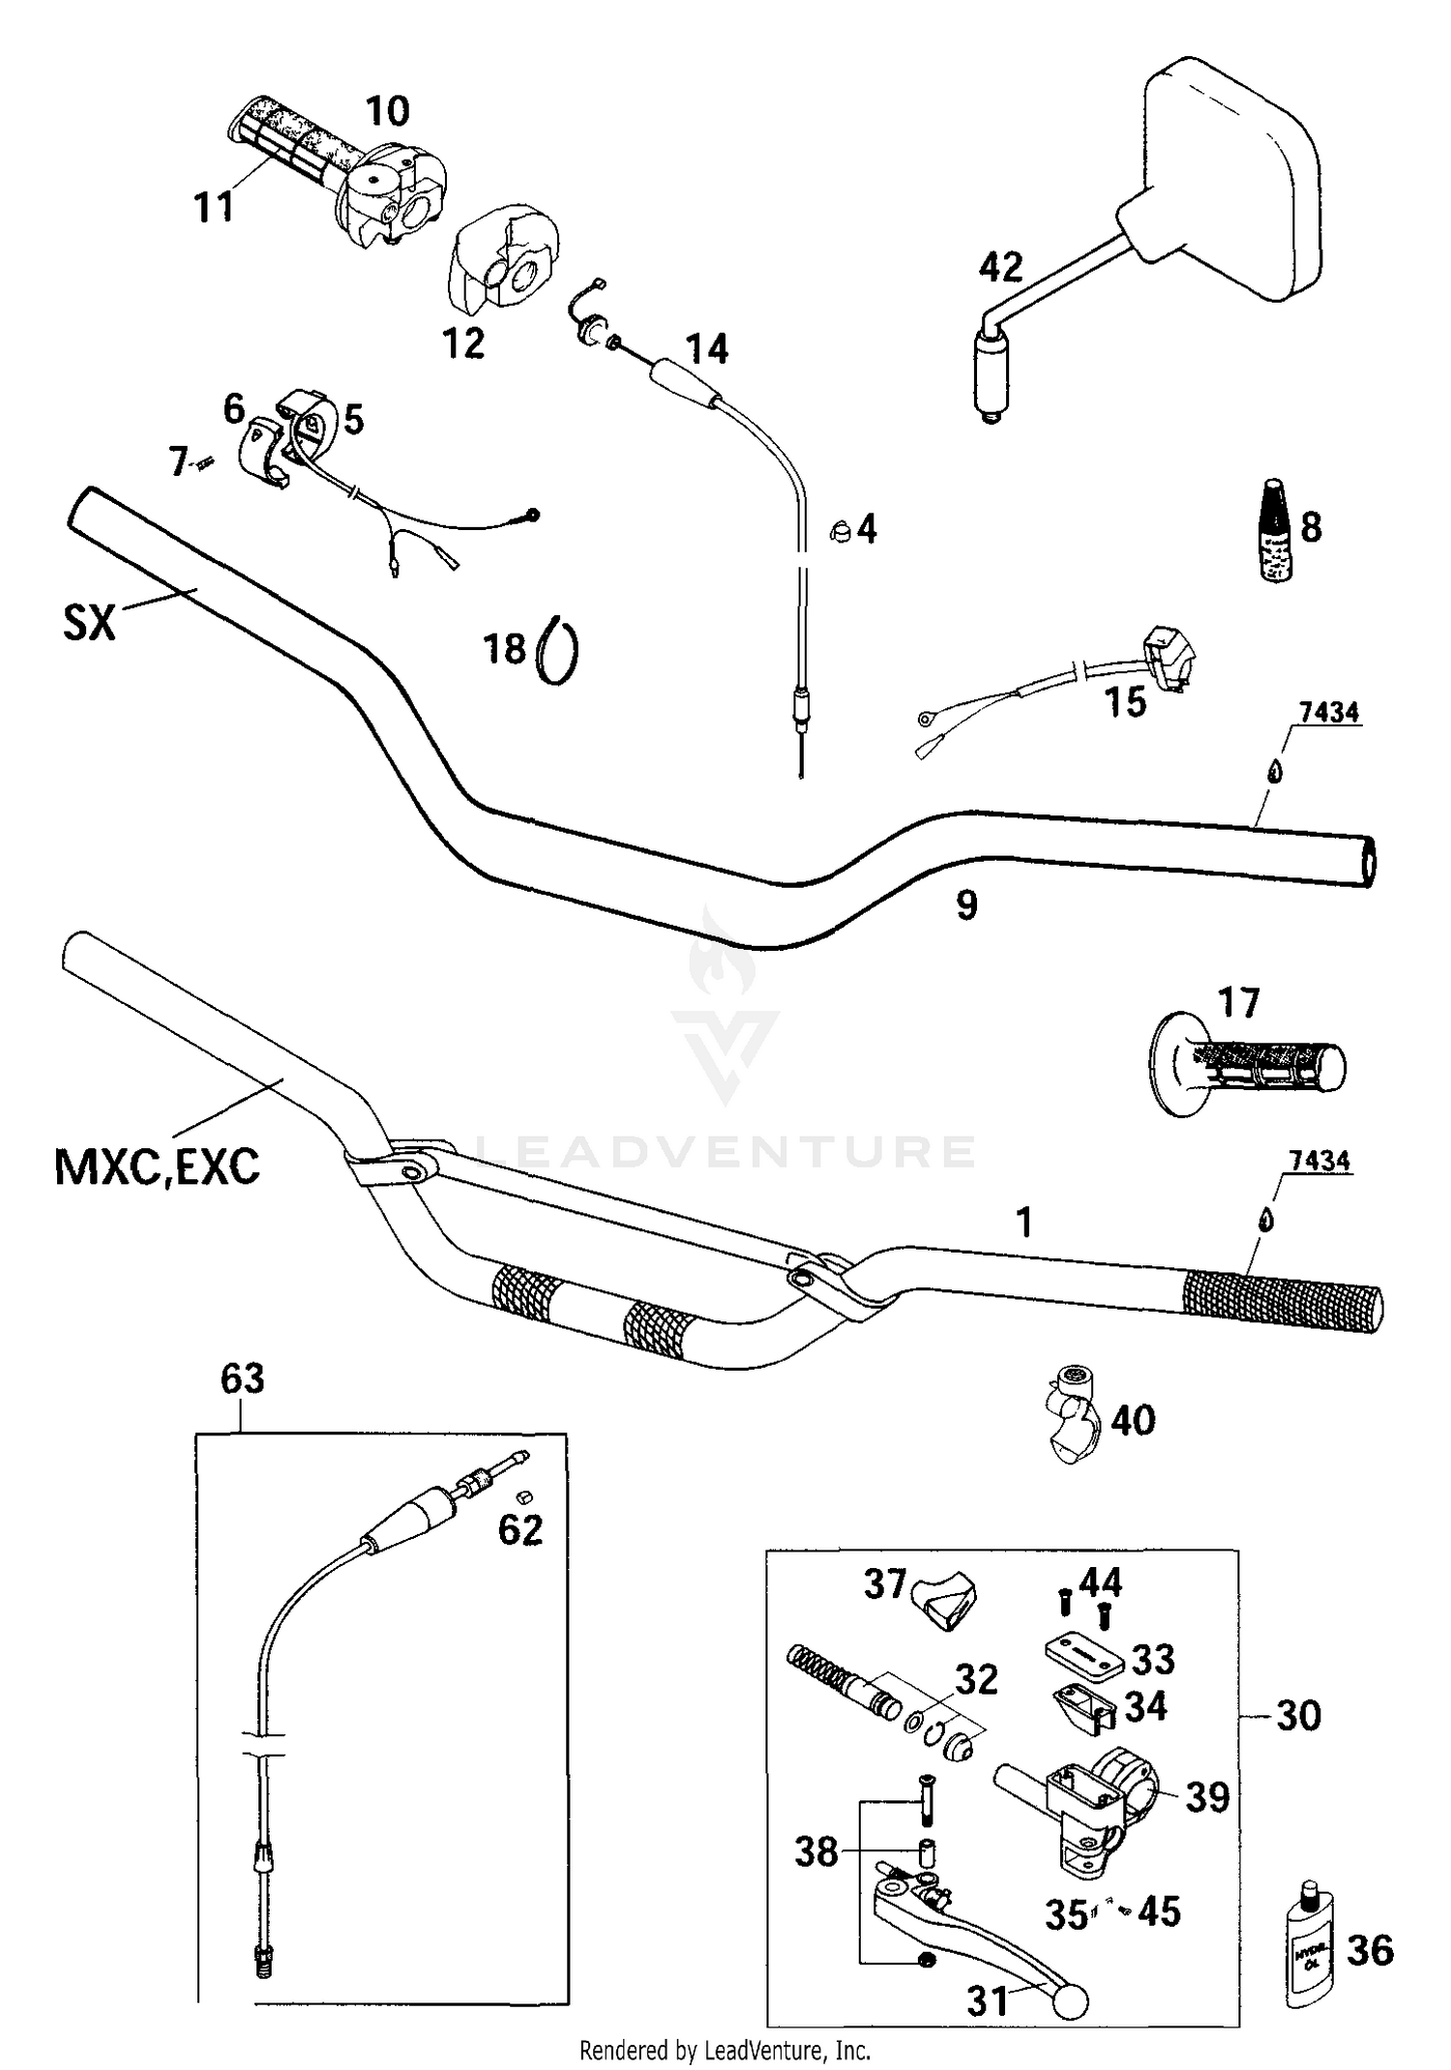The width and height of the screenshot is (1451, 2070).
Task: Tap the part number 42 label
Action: point(1000,268)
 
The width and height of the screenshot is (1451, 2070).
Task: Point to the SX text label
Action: point(89,623)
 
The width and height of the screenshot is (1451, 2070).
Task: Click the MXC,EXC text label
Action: point(158,1168)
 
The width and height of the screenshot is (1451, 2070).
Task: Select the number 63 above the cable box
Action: point(242,1378)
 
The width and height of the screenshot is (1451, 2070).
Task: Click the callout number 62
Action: point(520,1529)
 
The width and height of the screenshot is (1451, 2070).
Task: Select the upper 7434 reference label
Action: point(1328,713)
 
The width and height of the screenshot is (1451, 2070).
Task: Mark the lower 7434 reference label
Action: point(1320,1161)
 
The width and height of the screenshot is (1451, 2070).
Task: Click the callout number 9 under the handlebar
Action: point(966,905)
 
